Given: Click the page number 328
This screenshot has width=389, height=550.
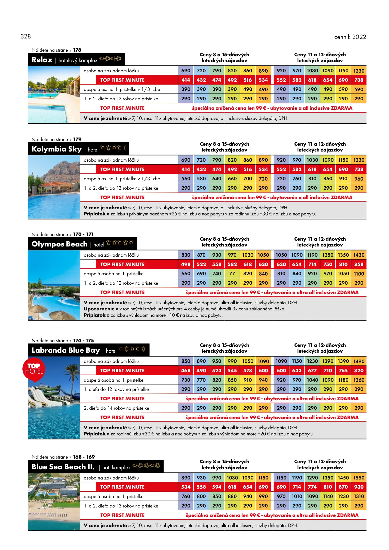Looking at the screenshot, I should coord(26,36).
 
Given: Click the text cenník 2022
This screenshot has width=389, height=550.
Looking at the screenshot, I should coord(350,37).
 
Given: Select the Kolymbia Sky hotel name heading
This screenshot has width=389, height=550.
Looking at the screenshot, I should coord(56,149).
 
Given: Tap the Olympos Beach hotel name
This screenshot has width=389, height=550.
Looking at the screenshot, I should coord(60,244).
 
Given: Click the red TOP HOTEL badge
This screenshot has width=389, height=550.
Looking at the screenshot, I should coord(34,369).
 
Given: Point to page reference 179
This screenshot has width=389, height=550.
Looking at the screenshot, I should coord(77,140).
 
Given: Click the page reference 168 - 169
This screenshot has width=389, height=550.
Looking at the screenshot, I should coord(84,457).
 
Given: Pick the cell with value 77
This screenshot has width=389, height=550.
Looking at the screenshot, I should coord(232,274).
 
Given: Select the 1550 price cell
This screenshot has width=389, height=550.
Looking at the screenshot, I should coord(359,478).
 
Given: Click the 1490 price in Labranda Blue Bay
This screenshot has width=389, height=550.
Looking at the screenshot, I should coord(359,362).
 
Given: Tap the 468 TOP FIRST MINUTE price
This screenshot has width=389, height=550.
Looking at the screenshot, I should coord(186,371).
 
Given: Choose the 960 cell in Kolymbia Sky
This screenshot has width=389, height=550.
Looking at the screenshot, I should coord(359,179).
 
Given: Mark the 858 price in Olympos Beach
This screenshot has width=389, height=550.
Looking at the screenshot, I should coord(359,265).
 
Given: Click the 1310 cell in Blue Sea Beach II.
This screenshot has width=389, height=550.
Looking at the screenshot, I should coord(359,497).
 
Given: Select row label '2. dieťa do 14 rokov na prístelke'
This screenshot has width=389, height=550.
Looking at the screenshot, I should coord(117,408).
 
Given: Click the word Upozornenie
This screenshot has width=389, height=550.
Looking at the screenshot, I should coord(99,309).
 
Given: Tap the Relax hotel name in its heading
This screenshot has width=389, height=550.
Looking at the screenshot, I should coord(42,60).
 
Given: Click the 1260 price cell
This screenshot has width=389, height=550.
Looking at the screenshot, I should coord(359,380).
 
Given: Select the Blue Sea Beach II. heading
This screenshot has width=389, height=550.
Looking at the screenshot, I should coord(63,467).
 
